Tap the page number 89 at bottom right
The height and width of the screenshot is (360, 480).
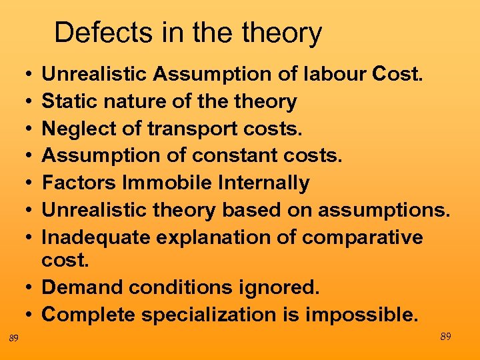(x=445, y=337)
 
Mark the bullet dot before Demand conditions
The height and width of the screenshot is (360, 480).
(x=31, y=288)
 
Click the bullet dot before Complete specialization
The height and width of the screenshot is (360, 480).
(x=31, y=315)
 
